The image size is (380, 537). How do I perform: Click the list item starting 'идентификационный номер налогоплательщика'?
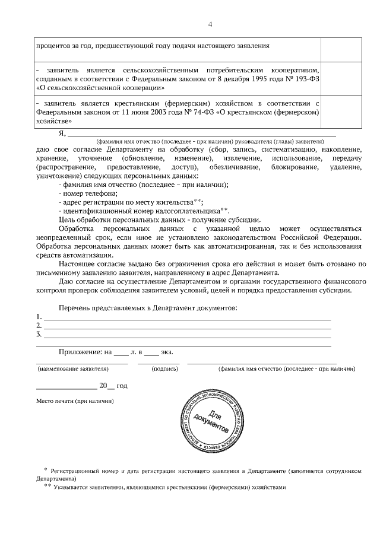coord(144,211)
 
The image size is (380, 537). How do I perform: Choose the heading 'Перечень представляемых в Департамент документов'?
coord(148,308)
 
